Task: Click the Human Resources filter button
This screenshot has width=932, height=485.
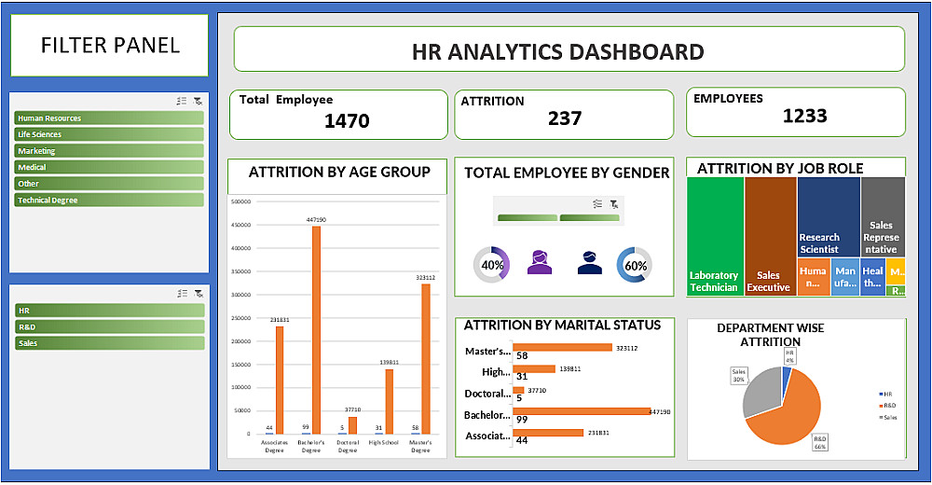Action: pos(109,118)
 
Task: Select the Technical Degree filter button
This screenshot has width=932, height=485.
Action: pos(109,200)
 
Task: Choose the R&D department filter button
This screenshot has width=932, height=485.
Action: pos(109,326)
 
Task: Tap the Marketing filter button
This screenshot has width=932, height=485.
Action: pos(109,151)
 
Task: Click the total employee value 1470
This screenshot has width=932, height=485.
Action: pos(347,120)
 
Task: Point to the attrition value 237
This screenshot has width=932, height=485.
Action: pos(565,118)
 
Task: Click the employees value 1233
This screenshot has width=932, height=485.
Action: pos(804,116)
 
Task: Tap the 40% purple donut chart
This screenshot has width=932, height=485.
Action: pos(492,265)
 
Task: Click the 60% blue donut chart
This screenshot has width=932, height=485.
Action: pos(636,265)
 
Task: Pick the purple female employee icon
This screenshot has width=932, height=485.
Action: pos(540,263)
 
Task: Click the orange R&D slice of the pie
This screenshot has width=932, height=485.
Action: pos(783,410)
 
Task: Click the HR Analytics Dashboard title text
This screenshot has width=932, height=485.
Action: pos(557,51)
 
